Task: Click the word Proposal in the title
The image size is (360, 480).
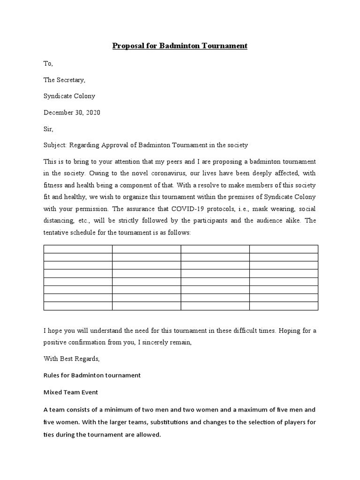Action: [x=127, y=46]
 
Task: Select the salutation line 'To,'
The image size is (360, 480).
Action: [x=49, y=63]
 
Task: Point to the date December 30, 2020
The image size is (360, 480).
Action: [x=72, y=112]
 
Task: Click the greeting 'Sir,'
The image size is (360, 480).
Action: [x=49, y=129]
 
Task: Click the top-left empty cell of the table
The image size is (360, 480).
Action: [x=78, y=249]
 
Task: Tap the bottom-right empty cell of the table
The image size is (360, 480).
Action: [x=283, y=306]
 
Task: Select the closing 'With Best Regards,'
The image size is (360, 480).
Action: [x=72, y=359]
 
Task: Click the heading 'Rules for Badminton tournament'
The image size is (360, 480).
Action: [x=92, y=375]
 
